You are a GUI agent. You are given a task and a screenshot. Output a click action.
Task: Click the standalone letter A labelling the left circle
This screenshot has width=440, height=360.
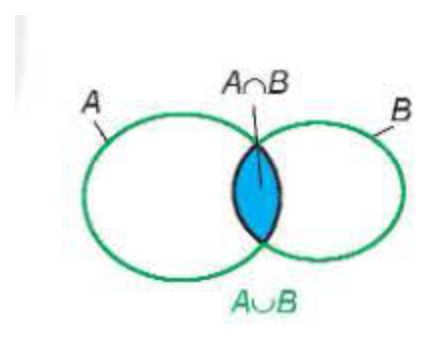91,103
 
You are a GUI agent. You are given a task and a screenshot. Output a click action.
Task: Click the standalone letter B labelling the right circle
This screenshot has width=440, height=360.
402,109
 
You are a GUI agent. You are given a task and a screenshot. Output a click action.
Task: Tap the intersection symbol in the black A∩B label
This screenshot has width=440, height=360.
256,87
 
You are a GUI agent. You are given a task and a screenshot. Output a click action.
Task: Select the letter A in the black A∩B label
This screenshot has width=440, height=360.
233,83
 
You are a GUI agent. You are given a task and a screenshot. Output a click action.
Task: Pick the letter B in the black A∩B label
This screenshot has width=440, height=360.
278,82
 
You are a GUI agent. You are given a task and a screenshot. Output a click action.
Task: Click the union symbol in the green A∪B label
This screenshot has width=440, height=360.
263,303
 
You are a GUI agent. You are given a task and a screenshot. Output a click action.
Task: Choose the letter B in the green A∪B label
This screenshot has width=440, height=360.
286,302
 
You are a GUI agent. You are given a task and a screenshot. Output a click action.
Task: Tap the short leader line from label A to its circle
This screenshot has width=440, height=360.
100,131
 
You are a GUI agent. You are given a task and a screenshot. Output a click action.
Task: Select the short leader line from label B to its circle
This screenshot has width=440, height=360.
384,131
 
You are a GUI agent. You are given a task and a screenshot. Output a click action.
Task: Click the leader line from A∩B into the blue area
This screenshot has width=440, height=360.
257,147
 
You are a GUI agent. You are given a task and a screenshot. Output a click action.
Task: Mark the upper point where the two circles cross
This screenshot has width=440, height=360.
257,145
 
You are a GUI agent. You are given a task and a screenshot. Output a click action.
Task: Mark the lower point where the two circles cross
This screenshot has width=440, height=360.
263,242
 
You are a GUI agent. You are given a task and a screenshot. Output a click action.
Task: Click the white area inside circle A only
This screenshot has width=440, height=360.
160,197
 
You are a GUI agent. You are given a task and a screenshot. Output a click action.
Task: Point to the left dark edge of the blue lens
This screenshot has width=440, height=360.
234,193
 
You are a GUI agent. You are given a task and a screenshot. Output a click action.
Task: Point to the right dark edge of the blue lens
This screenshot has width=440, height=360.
280,193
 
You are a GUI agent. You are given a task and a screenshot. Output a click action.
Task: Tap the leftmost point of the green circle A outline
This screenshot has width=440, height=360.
85,197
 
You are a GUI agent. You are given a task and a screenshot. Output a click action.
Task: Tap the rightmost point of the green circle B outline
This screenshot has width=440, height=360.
404,191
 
